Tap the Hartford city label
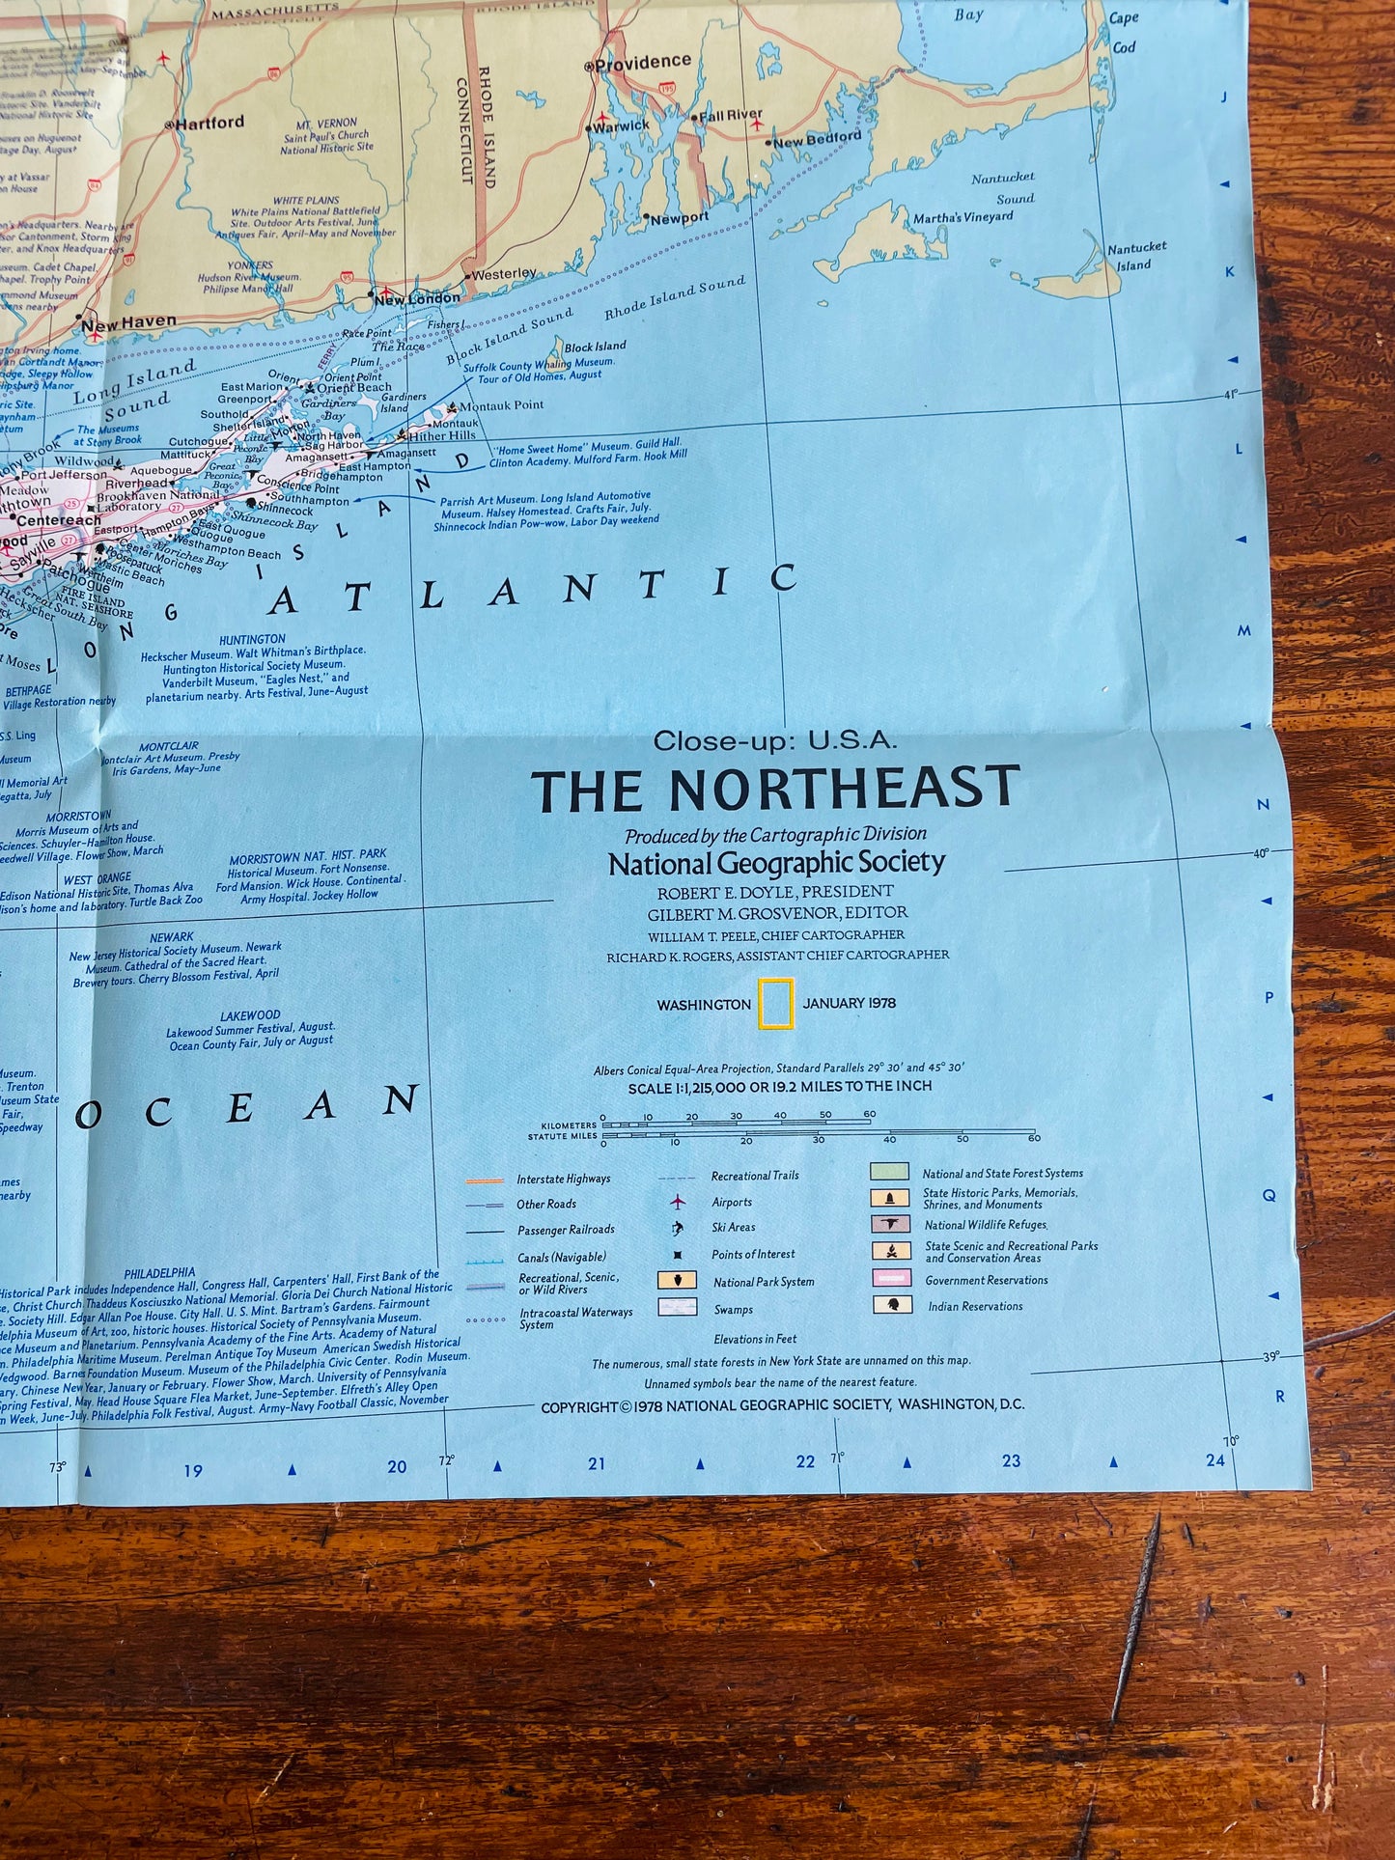pyautogui.click(x=209, y=123)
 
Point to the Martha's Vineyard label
pyautogui.click(x=963, y=217)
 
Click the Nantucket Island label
pyautogui.click(x=1136, y=256)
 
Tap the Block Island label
pyautogui.click(x=595, y=347)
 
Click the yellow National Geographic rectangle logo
pyautogui.click(x=775, y=1003)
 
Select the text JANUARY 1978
pyautogui.click(x=849, y=1003)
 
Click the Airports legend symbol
pyautogui.click(x=678, y=1202)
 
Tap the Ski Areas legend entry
pyautogui.click(x=733, y=1228)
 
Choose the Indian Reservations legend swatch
pyautogui.click(x=892, y=1305)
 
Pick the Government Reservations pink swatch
pyautogui.click(x=892, y=1278)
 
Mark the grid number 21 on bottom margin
pyautogui.click(x=597, y=1463)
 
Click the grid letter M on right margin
pyautogui.click(x=1244, y=630)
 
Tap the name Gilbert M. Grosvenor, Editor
pyautogui.click(x=777, y=912)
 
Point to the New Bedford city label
pyautogui.click(x=817, y=139)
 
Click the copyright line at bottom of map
pyautogui.click(x=782, y=1405)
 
